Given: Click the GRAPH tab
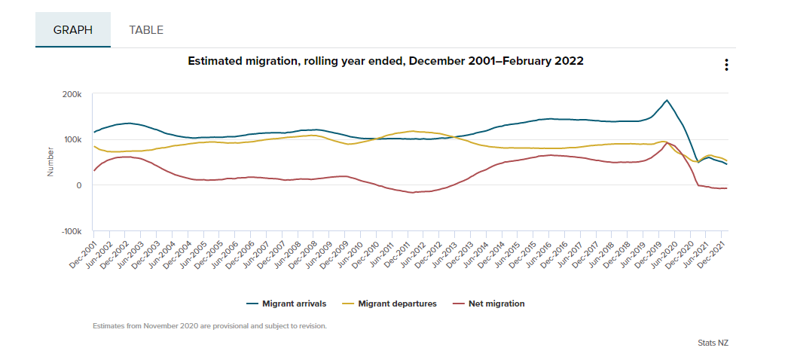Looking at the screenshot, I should (x=72, y=30).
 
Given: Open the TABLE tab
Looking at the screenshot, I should (x=146, y=30).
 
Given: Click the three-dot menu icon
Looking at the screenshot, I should (x=726, y=65).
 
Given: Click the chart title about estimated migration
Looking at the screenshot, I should (x=385, y=61).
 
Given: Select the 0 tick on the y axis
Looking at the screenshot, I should (x=78, y=185).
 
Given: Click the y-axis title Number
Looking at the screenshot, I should (x=50, y=162).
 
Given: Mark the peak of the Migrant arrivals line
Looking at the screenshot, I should (x=666, y=100).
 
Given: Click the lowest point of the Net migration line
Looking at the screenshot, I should (x=412, y=193).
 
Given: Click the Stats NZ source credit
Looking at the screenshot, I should (x=713, y=343).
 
